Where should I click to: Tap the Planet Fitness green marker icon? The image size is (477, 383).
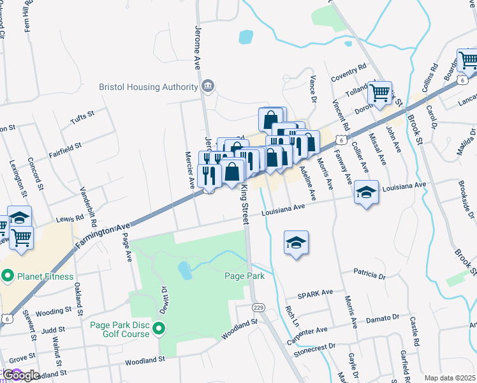(x=8, y=277)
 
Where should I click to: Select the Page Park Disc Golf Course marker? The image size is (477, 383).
(x=159, y=329)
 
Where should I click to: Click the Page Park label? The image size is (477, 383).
(x=244, y=276)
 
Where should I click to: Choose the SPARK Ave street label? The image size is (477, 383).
(x=316, y=294)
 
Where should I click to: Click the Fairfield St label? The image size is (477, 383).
(x=65, y=150)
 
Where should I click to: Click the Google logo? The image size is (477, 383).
(x=20, y=375)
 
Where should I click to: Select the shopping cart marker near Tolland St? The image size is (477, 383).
(x=380, y=93)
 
